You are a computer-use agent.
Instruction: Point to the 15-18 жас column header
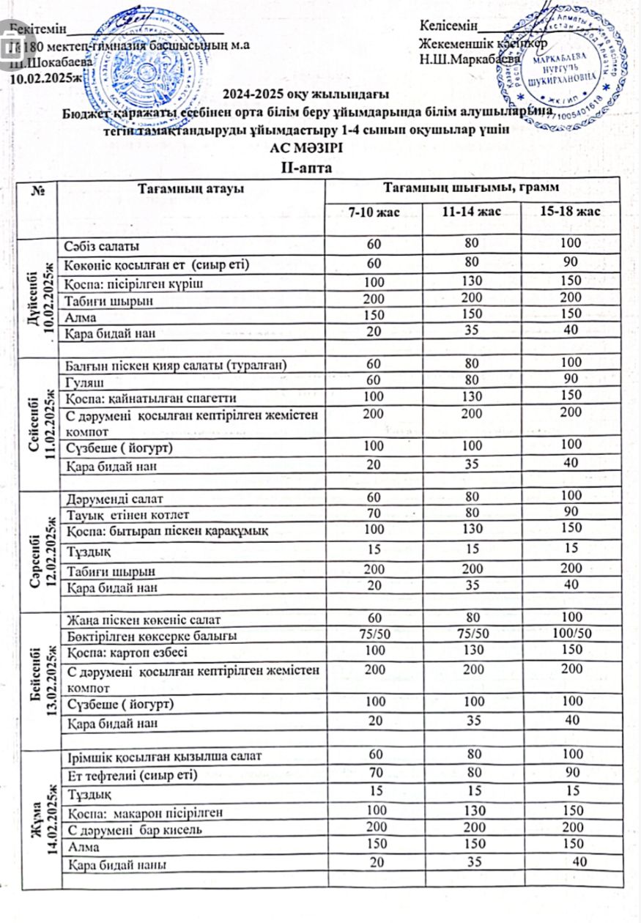click(x=569, y=212)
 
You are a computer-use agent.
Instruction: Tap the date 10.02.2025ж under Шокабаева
click(x=45, y=77)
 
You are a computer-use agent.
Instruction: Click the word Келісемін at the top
click(x=448, y=26)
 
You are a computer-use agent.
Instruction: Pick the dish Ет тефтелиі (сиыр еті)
click(x=132, y=773)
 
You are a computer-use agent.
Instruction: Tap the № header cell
click(x=37, y=189)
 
